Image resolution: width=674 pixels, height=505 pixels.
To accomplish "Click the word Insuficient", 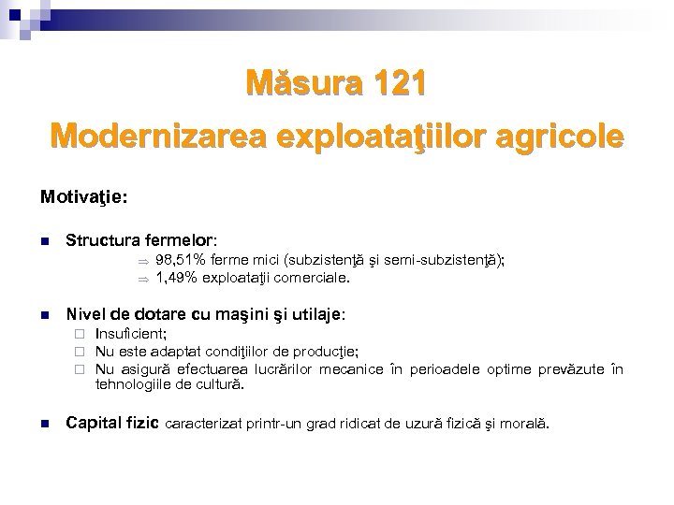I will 129,334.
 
